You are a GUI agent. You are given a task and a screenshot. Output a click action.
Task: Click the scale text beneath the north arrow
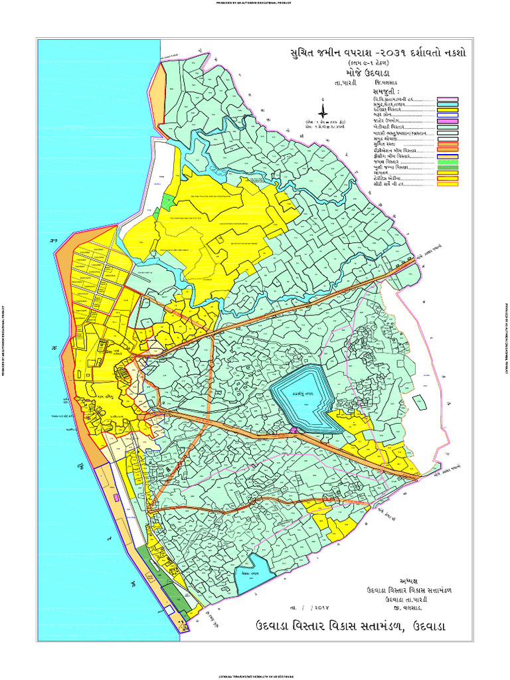tap(325, 126)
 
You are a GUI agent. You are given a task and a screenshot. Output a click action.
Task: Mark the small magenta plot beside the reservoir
tap(293, 432)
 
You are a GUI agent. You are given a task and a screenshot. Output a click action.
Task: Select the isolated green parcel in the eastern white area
tap(419, 402)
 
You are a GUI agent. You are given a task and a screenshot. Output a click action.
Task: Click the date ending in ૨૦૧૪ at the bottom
tap(309, 607)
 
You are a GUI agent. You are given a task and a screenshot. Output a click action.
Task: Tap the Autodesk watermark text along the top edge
tap(255, 2)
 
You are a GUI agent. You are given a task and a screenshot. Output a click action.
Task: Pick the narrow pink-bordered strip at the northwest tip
tap(159, 86)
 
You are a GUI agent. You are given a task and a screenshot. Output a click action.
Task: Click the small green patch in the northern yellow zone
tap(156, 214)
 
